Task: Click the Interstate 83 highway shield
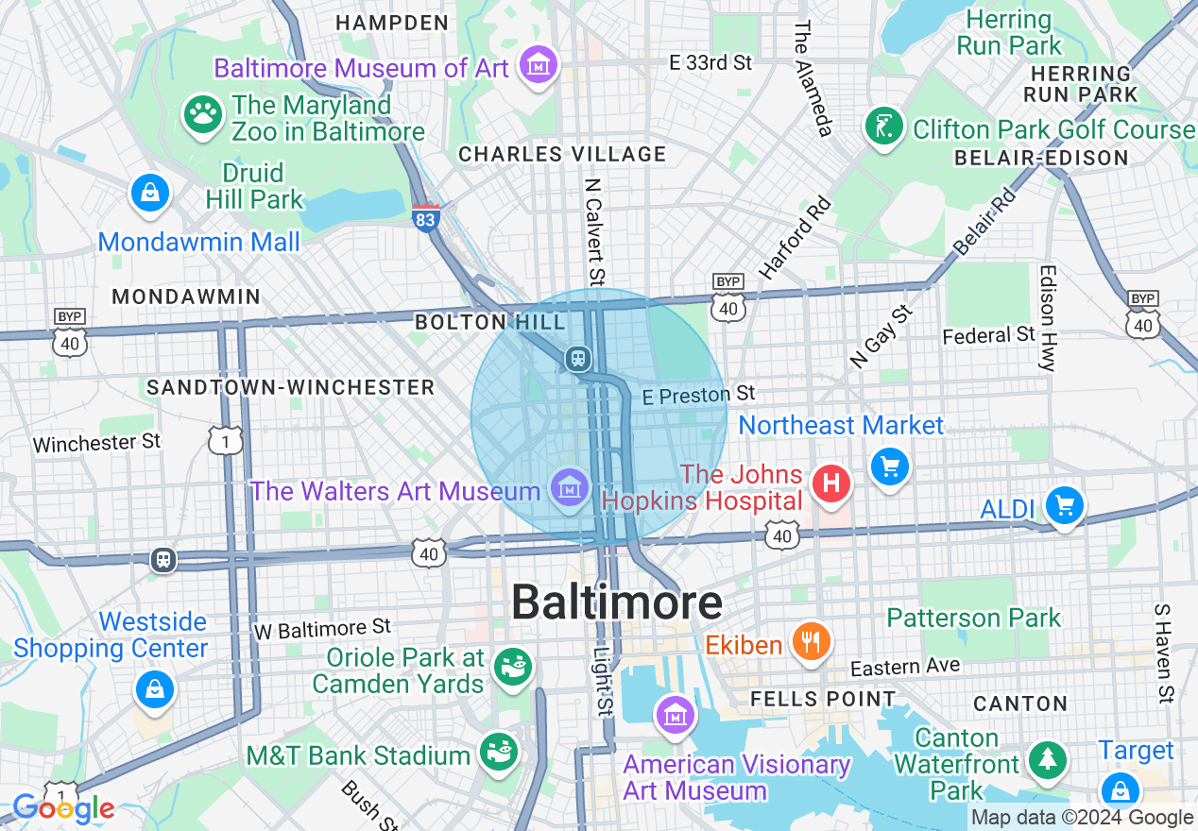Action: coord(425,216)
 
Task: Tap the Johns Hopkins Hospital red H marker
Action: coord(831,483)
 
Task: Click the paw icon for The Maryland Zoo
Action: coord(201,114)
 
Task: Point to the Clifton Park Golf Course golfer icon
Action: coord(883,127)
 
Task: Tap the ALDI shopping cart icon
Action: coord(1065,506)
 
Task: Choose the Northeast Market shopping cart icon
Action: coord(889,466)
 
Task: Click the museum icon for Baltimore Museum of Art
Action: coord(539,66)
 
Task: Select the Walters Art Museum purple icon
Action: coord(569,488)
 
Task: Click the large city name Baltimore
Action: coord(616,602)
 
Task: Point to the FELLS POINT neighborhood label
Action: coord(822,700)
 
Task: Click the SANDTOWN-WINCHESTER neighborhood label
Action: coord(290,387)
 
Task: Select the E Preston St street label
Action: coord(698,395)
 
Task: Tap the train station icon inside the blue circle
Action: coord(577,359)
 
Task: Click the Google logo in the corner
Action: coord(63,809)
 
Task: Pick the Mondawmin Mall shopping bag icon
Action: coord(150,193)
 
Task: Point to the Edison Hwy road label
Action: coord(1047,317)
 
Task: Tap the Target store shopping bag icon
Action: coord(1120,789)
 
